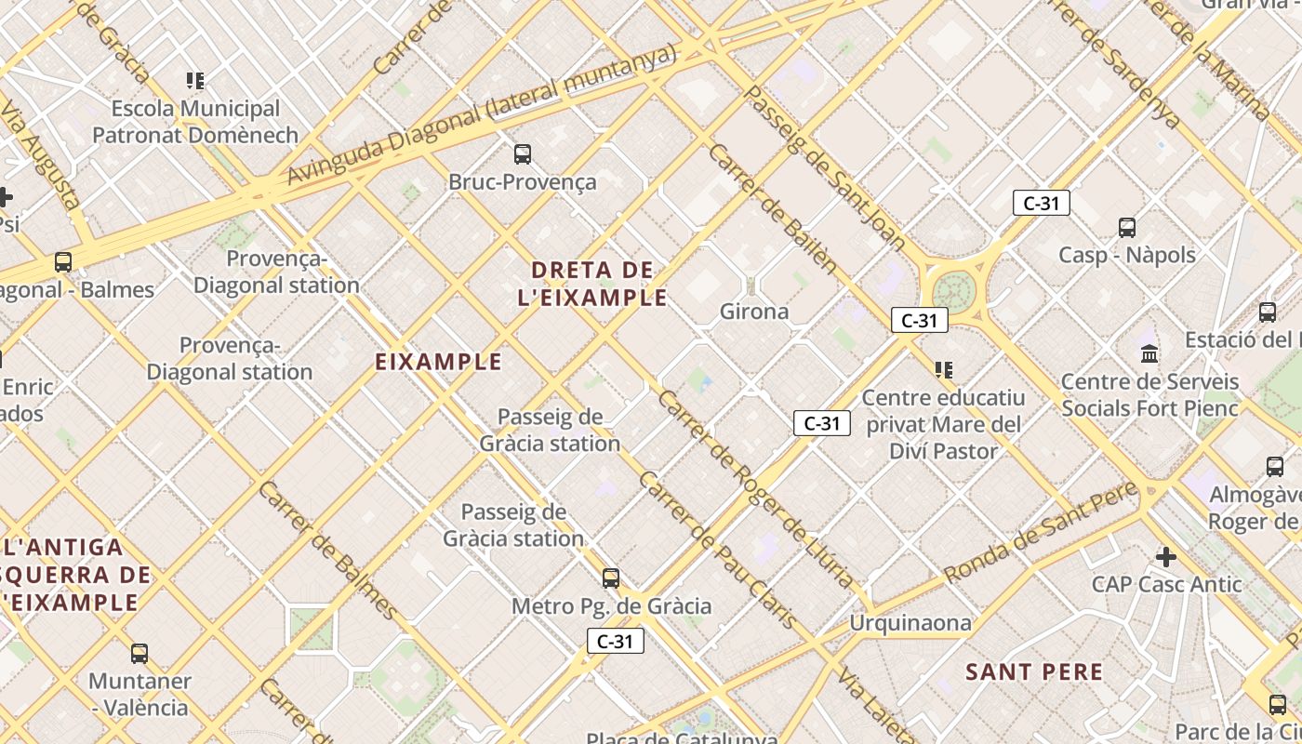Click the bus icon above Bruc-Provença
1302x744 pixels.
point(523,153)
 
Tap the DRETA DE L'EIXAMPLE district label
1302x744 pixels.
point(593,284)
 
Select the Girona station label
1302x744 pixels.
point(754,312)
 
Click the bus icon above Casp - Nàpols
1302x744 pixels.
point(1127,227)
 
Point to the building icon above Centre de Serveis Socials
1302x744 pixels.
point(1149,354)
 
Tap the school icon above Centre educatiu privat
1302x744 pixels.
point(944,370)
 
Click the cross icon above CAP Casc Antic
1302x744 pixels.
point(1166,557)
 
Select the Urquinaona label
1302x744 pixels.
point(910,622)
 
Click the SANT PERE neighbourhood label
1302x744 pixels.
point(1034,671)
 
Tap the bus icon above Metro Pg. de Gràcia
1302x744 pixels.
point(611,578)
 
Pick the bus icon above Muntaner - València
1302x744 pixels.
point(139,654)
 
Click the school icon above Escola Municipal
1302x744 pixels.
point(194,81)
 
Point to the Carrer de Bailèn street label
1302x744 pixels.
point(773,207)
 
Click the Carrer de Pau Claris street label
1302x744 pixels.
point(717,550)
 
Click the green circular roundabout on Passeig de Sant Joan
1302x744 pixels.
point(953,291)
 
